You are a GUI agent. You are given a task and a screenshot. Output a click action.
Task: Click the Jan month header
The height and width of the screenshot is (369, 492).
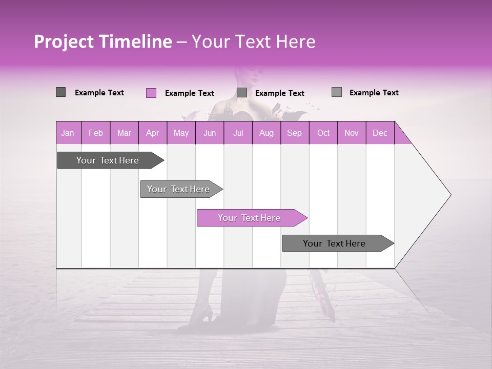[68, 133]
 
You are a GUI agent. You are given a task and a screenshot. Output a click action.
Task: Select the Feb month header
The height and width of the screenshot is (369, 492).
[96, 133]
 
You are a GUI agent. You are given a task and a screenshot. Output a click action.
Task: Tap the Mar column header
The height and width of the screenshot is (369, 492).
[124, 133]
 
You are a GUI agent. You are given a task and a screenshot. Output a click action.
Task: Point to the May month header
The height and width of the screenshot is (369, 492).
[181, 133]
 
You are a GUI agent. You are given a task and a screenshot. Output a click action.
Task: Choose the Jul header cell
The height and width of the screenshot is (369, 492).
[238, 133]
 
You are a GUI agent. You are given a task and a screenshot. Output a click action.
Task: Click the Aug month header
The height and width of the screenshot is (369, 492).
[266, 133]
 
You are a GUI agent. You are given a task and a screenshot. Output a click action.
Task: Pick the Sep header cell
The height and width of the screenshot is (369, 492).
[294, 133]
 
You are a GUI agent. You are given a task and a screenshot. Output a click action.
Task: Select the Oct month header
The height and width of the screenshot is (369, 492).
[323, 133]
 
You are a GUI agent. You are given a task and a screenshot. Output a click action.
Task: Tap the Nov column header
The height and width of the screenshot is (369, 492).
[351, 133]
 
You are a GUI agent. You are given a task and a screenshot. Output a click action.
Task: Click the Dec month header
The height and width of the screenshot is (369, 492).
[380, 133]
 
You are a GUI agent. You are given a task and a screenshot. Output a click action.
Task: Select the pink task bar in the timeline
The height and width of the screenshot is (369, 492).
[249, 218]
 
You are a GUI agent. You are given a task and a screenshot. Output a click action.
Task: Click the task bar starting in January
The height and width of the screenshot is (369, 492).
[108, 160]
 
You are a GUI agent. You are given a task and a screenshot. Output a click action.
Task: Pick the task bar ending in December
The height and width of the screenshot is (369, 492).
[334, 243]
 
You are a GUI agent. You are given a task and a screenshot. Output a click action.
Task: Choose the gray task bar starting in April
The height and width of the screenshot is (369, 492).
[178, 189]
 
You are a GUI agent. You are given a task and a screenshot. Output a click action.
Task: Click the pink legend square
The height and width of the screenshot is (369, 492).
[151, 93]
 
